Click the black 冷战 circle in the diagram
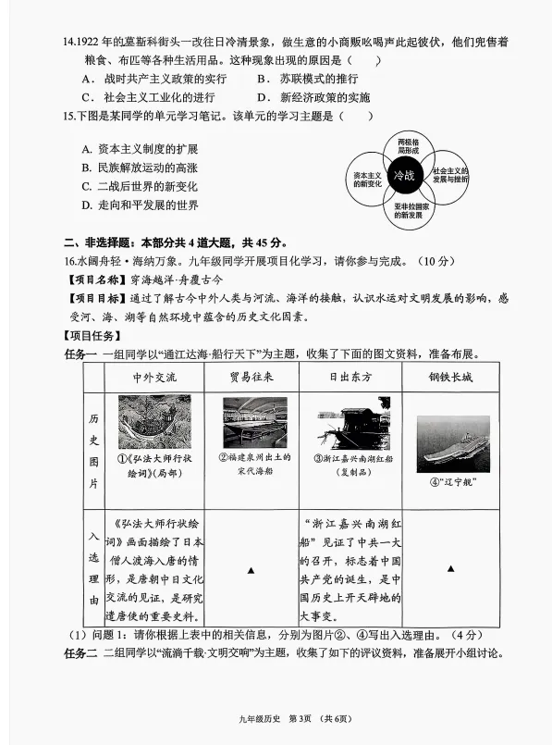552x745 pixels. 404,175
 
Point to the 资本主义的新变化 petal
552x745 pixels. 367,177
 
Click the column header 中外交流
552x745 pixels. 153,377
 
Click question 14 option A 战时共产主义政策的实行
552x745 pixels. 153,80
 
